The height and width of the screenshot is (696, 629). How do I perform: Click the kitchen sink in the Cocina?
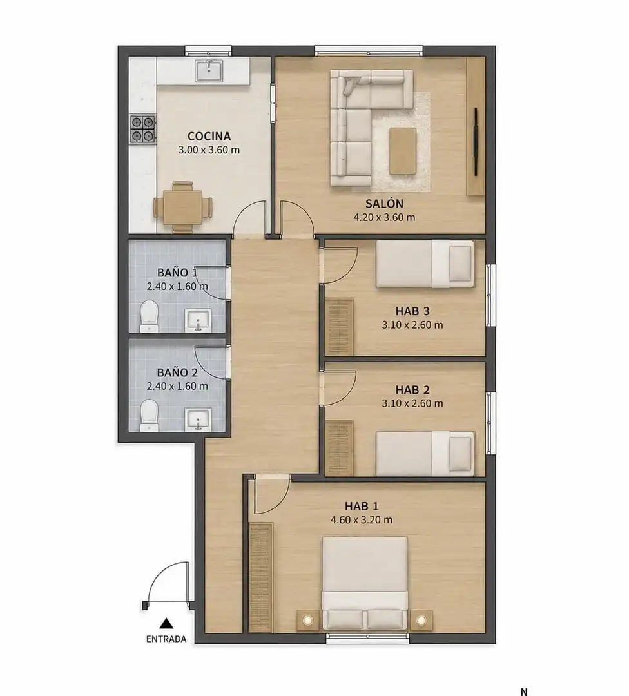pos(209,71)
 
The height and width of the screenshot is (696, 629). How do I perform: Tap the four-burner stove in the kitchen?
pos(143,129)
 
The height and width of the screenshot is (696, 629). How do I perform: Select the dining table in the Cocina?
pos(183,207)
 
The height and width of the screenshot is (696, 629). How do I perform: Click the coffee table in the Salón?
pos(403,151)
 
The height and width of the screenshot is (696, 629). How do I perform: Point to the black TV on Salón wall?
pos(476,142)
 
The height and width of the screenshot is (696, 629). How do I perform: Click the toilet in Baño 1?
pos(149,316)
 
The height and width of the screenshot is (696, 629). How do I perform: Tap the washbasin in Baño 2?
pos(198,420)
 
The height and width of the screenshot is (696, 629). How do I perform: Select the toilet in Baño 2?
pos(149,416)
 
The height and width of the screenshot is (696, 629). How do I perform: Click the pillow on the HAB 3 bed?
pos(460,264)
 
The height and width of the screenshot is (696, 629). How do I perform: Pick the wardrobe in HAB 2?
pos(339,448)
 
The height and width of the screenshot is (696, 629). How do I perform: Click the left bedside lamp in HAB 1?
pos(308,620)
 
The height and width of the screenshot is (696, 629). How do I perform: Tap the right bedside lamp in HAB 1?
pos(421,620)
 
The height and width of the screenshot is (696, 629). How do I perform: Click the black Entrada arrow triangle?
pos(166,623)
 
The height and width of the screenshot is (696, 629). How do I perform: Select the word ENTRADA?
pos(166,639)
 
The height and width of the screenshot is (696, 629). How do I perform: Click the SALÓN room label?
pos(384,204)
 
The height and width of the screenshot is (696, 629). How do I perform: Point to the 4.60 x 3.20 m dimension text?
pos(362,520)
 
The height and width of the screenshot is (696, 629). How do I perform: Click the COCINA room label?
pos(209,136)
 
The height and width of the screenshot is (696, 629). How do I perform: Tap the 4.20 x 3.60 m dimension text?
pos(384,218)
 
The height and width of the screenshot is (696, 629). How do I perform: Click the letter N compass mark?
pos(524,691)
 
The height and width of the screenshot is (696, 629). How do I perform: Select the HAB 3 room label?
pos(412,311)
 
